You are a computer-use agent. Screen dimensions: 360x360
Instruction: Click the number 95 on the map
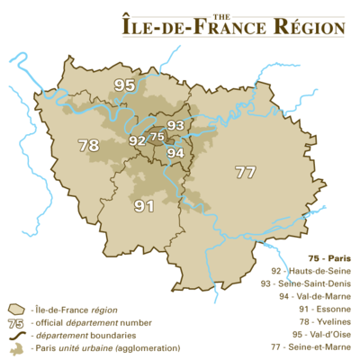tap(125, 85)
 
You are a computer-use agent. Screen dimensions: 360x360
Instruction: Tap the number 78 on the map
tap(88, 144)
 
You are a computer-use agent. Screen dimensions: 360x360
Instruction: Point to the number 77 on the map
tap(245, 171)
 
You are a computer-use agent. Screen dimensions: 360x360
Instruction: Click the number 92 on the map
tap(138, 140)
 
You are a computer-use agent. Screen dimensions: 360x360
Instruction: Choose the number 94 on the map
tap(176, 153)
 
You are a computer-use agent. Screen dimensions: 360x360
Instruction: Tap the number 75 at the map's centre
tap(157, 137)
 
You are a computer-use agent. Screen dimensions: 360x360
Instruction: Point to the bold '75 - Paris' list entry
tap(327, 257)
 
